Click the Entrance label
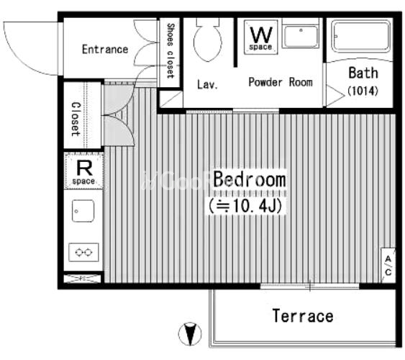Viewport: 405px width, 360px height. (105, 50)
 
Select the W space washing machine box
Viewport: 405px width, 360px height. (261, 37)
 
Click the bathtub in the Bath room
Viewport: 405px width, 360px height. (361, 36)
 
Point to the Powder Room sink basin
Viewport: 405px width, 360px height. (301, 37)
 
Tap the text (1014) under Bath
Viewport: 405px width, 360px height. (363, 91)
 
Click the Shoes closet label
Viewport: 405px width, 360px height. (170, 50)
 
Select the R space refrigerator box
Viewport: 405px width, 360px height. (84, 171)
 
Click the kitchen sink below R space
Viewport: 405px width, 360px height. (83, 211)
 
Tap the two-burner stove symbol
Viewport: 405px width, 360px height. (83, 252)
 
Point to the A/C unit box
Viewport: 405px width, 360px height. (388, 265)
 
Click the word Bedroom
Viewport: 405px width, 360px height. (250, 179)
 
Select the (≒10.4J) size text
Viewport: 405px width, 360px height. (245, 206)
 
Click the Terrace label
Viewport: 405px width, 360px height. (303, 316)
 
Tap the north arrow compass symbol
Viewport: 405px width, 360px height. (190, 333)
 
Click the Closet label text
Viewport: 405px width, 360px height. (76, 119)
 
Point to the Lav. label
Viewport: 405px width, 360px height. (207, 84)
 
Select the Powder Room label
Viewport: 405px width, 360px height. (281, 83)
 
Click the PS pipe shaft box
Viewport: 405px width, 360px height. (83, 279)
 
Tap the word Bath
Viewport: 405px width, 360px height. (363, 73)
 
